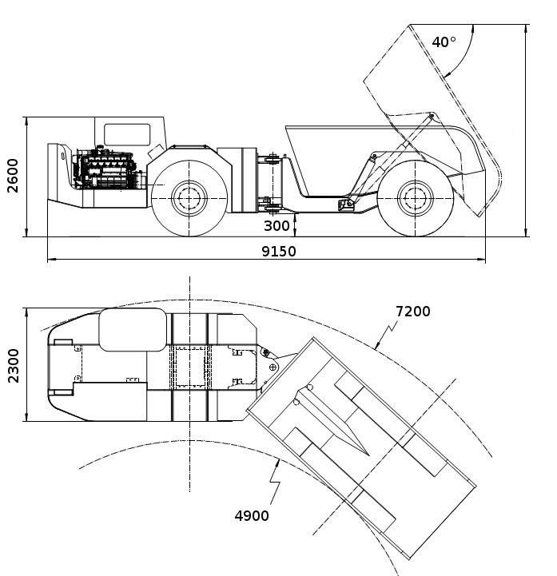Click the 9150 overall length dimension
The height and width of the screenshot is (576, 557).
pos(279,251)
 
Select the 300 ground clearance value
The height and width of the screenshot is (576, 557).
pos(277,226)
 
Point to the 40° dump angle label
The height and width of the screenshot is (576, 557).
pos(444,42)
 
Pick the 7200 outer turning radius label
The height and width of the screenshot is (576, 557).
pos(412,311)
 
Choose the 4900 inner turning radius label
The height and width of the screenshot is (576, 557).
pos(252,516)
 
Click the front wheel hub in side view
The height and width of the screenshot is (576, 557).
pos(189,197)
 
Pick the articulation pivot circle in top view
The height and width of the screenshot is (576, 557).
pos(273,367)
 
